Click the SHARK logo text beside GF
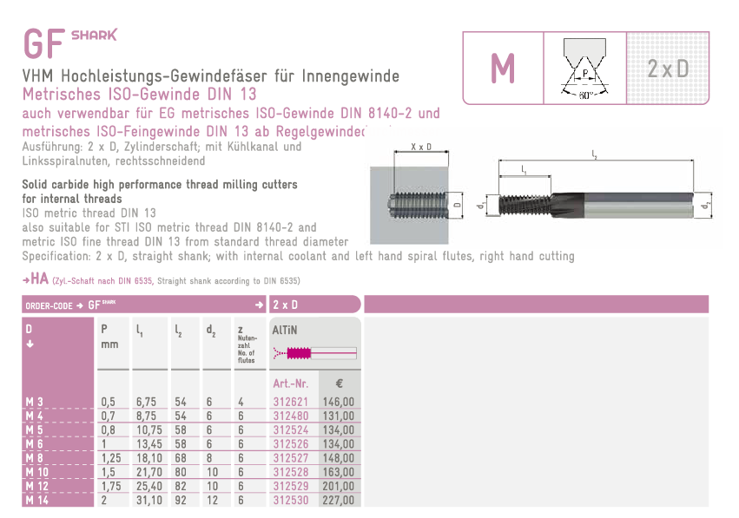[x=94, y=36]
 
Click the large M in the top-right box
[x=503, y=69]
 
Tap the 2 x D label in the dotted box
[x=668, y=69]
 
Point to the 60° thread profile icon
[x=584, y=69]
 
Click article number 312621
[x=290, y=402]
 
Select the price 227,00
[x=338, y=500]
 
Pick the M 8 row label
[x=35, y=458]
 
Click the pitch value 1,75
[x=111, y=486]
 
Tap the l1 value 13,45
[x=149, y=444]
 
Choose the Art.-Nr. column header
[x=290, y=384]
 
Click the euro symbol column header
[x=339, y=384]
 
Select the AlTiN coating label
[x=285, y=330]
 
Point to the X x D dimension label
[x=421, y=147]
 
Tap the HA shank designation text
[x=40, y=279]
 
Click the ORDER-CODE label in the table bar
[x=49, y=306]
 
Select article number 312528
[x=290, y=472]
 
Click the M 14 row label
[x=36, y=500]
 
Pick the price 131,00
[x=338, y=416]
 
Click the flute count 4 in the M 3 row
[x=241, y=402]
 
